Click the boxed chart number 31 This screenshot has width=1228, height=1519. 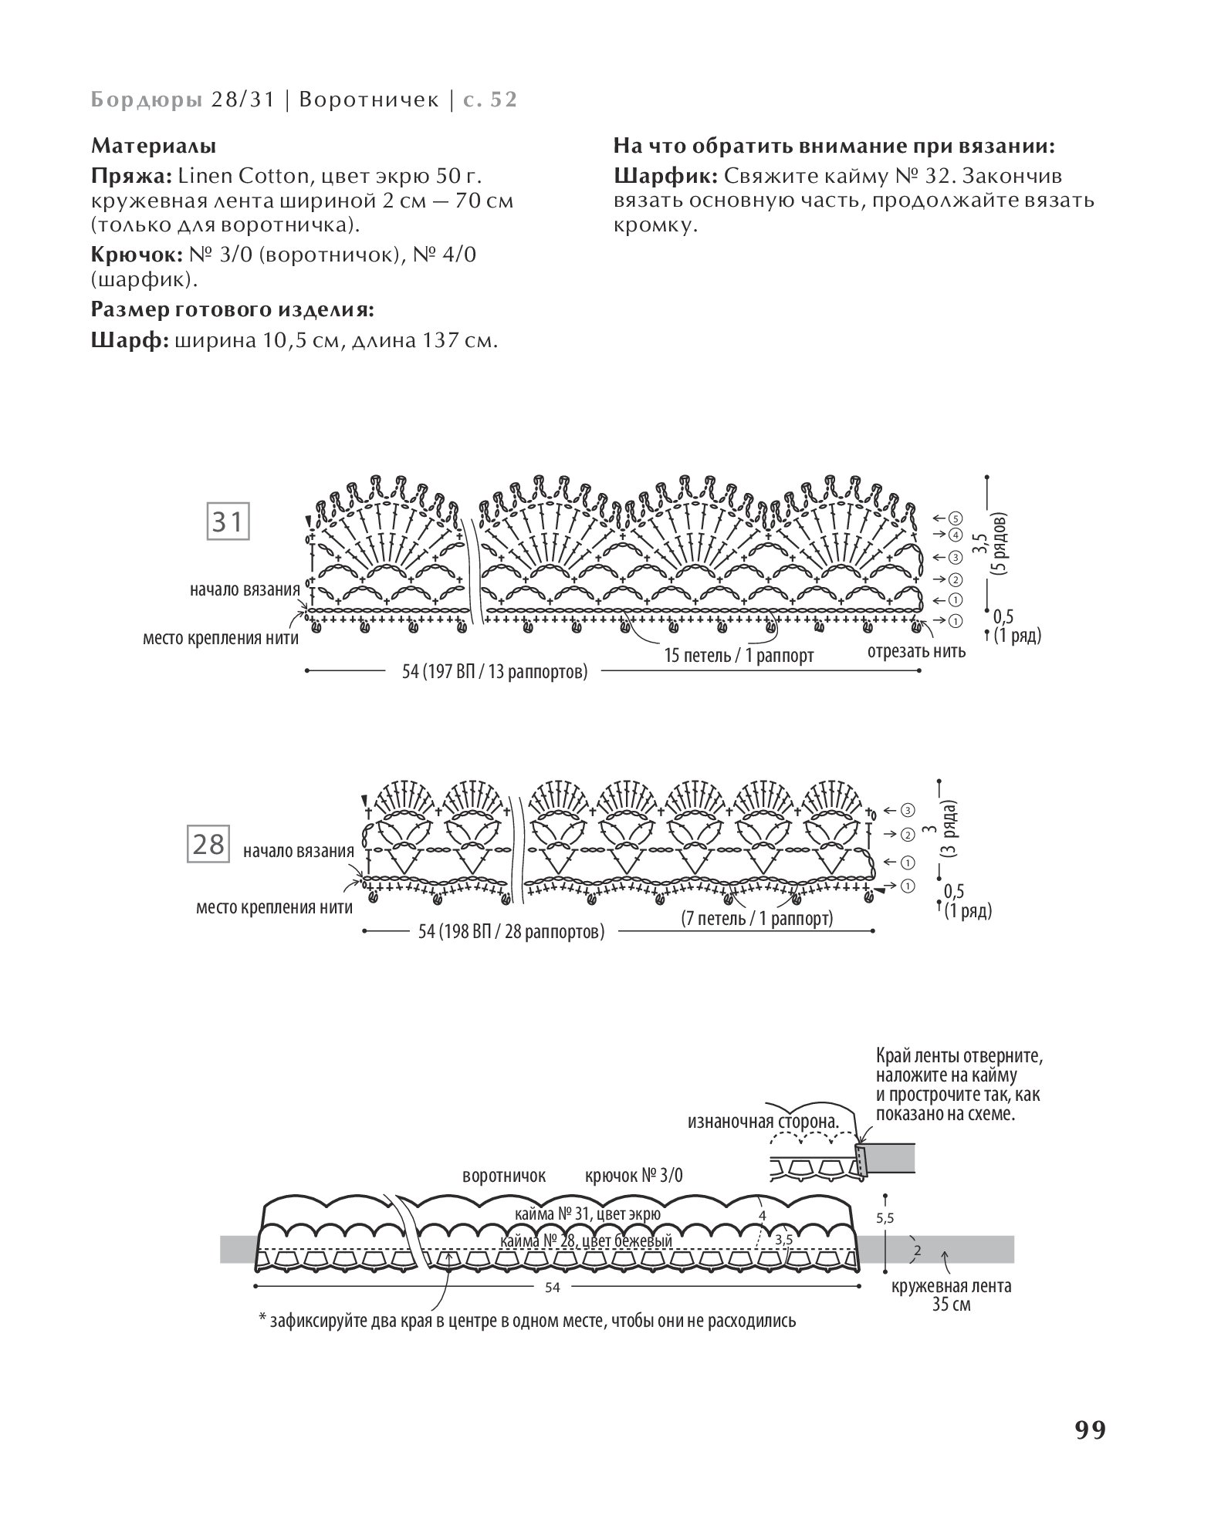tap(227, 523)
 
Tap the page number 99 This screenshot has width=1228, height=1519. tap(1090, 1430)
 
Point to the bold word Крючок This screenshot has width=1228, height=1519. tap(137, 254)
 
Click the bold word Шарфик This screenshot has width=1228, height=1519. tap(665, 176)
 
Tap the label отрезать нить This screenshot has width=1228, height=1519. tap(916, 650)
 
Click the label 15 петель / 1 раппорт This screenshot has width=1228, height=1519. tap(739, 656)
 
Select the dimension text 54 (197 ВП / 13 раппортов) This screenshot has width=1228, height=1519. tap(495, 671)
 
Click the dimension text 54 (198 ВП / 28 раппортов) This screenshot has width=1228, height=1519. tap(511, 932)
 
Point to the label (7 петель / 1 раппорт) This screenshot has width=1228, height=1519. tap(757, 919)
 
